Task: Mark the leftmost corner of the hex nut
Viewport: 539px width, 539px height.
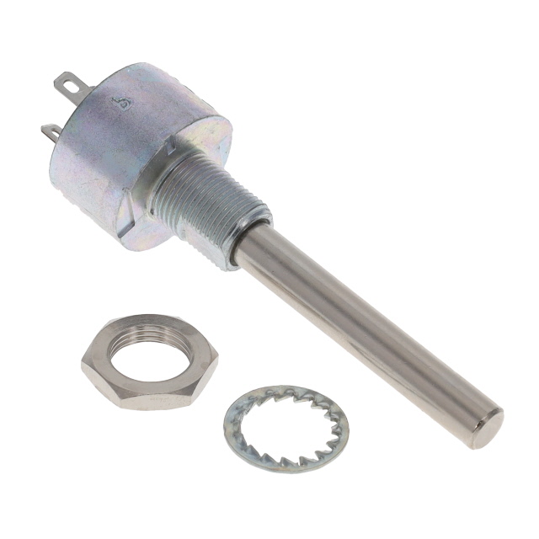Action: point(83,364)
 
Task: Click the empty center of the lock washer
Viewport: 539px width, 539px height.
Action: point(286,428)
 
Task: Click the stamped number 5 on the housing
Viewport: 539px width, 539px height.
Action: point(125,103)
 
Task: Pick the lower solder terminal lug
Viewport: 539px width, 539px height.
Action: point(51,132)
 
